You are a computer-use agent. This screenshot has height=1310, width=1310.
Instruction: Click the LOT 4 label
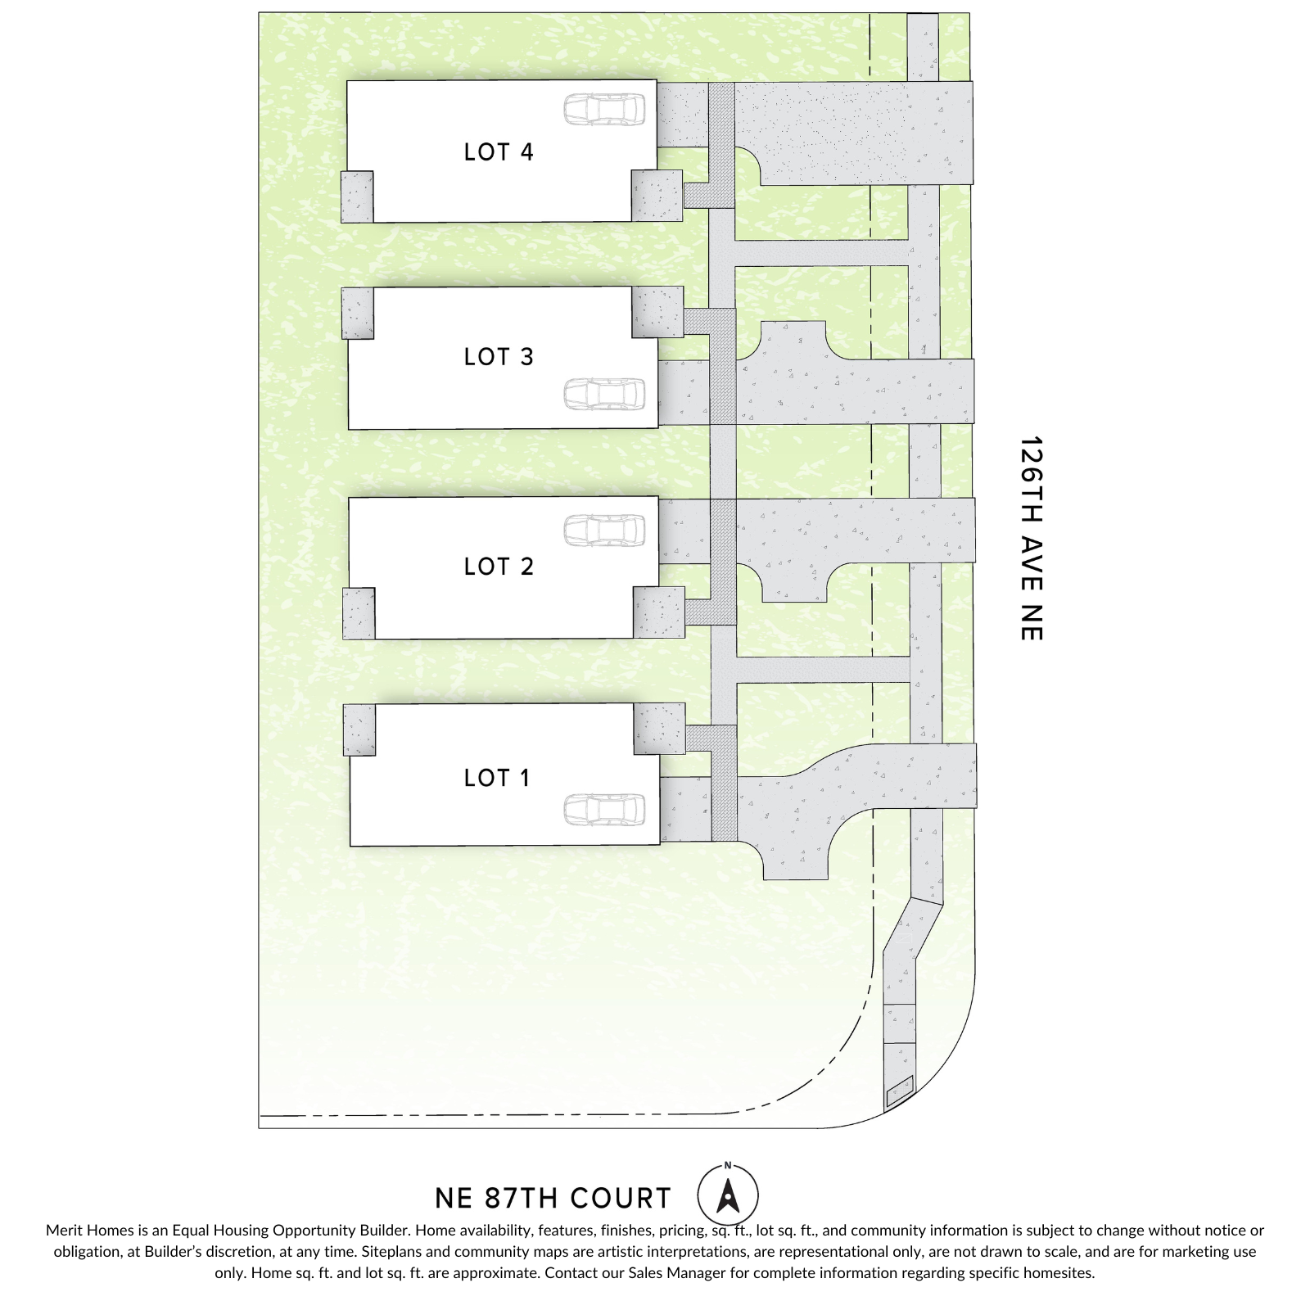click(498, 152)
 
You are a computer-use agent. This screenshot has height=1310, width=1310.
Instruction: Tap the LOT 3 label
click(498, 357)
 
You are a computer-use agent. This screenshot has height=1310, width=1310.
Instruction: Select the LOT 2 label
click(498, 567)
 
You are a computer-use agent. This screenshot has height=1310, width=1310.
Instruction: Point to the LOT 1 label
click(496, 778)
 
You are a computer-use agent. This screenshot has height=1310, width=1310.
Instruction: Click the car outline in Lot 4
click(604, 110)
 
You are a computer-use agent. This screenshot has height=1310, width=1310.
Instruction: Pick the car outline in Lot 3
click(604, 394)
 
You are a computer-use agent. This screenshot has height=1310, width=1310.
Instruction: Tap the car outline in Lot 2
click(604, 530)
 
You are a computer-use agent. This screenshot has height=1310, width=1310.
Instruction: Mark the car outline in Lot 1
click(604, 810)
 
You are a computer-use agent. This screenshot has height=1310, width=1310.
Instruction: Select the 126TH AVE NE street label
click(1032, 538)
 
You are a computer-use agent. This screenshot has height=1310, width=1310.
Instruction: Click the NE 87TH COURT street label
click(553, 1199)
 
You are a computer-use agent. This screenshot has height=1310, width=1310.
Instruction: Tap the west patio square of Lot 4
click(358, 196)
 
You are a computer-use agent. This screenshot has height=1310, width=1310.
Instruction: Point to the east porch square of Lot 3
click(657, 311)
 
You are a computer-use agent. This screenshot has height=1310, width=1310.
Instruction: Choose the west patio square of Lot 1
click(359, 730)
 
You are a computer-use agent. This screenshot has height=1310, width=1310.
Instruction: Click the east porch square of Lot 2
click(659, 612)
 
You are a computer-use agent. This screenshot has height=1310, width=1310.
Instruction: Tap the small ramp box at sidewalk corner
click(899, 1091)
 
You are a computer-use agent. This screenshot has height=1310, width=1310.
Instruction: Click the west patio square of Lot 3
click(358, 313)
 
